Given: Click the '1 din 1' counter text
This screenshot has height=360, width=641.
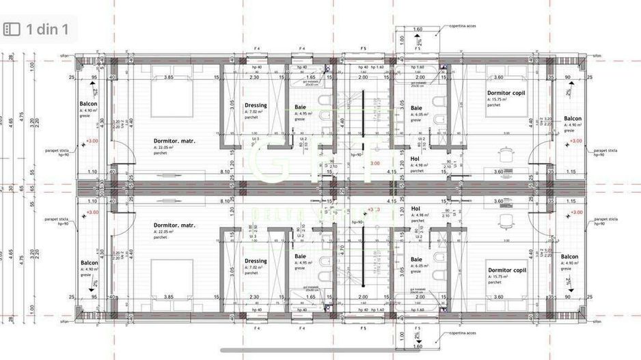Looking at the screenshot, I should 46,29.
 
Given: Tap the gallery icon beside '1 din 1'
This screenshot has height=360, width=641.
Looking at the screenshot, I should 12,29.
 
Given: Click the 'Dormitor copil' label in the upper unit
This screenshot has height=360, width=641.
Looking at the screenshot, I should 506,93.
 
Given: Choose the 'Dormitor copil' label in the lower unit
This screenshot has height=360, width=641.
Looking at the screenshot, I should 506,271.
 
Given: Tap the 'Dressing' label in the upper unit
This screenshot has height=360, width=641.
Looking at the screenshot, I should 256,106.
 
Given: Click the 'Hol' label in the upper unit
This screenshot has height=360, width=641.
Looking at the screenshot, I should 415,158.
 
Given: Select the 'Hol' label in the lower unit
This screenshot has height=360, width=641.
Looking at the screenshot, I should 415,209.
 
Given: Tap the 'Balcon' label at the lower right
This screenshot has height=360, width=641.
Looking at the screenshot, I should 570,258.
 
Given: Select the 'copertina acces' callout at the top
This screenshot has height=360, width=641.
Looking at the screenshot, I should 462,25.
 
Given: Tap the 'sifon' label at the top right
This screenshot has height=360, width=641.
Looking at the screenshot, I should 596,56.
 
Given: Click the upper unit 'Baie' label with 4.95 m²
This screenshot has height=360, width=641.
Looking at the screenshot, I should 300,107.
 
